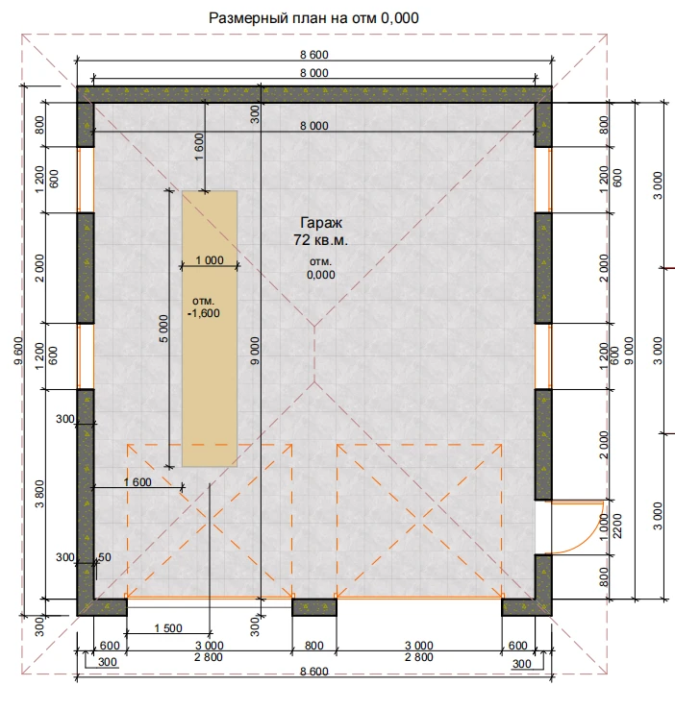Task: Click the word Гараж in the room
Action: (321, 223)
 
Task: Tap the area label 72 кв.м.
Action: (320, 240)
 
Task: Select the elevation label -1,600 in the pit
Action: (204, 313)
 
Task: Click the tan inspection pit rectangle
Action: (210, 329)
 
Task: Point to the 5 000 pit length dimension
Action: (164, 329)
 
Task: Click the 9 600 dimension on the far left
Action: (18, 351)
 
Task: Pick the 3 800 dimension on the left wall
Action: (39, 494)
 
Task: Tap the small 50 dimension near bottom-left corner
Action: (104, 557)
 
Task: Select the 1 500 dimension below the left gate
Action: (168, 628)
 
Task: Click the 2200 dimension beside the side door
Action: (617, 526)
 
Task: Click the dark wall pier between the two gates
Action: (314, 607)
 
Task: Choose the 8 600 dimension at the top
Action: (314, 55)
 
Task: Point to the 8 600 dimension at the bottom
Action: (314, 672)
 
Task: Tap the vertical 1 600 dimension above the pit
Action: (199, 147)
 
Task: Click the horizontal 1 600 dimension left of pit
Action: (137, 482)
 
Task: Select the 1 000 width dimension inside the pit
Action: (210, 260)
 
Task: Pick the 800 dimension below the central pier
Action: (314, 646)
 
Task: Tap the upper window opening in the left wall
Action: (86, 180)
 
